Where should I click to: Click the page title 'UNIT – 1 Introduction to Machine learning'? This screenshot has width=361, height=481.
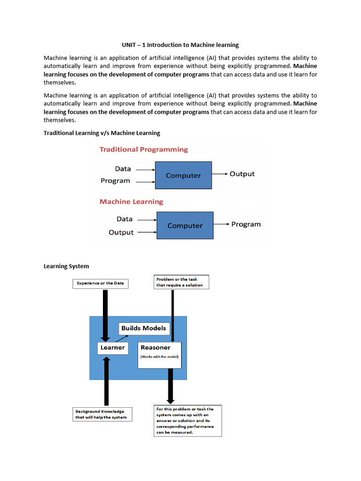point(180,45)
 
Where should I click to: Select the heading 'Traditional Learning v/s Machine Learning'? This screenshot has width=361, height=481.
point(102,133)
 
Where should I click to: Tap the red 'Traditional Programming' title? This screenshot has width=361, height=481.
point(143,149)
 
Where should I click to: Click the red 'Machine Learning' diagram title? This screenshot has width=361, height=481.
point(131,202)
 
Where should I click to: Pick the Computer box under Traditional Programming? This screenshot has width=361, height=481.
point(183,175)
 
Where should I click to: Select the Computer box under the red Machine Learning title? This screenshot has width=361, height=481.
point(185,225)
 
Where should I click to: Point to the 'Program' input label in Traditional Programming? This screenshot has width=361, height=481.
point(115,181)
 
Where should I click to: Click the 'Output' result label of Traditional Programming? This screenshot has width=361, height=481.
point(242,174)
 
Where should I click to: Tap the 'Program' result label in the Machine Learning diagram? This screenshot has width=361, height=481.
point(246,224)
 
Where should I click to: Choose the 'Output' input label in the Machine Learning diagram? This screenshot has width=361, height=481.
point(121,233)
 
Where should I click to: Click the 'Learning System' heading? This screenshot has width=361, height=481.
point(66,266)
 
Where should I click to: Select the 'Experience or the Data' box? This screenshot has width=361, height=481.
point(100,283)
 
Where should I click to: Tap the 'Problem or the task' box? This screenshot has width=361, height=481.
point(181,282)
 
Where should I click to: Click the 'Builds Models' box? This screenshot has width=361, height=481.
point(143,328)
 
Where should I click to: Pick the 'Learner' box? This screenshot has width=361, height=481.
point(113,348)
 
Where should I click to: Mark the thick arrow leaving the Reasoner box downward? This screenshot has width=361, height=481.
point(171,385)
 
